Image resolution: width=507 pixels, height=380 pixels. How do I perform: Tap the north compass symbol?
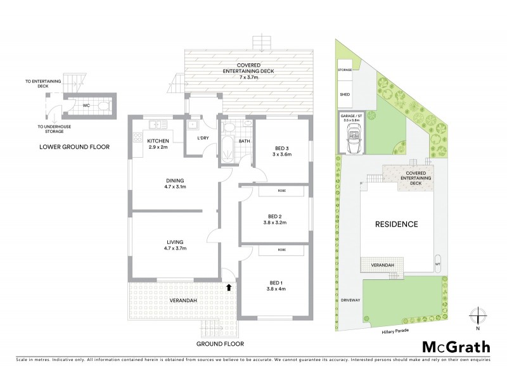pyautogui.click(x=478, y=316)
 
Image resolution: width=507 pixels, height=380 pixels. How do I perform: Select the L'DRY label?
pyautogui.click(x=203, y=137)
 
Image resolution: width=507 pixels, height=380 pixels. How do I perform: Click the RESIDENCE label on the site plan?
pyautogui.click(x=396, y=224)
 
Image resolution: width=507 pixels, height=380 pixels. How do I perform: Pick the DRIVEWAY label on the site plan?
pyautogui.click(x=350, y=301)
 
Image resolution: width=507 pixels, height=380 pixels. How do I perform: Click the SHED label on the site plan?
pyautogui.click(x=345, y=93)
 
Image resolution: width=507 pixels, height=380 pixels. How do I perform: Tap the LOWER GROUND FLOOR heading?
pyautogui.click(x=74, y=146)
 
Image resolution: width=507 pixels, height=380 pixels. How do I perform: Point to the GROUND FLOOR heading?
pyautogui.click(x=220, y=344)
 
